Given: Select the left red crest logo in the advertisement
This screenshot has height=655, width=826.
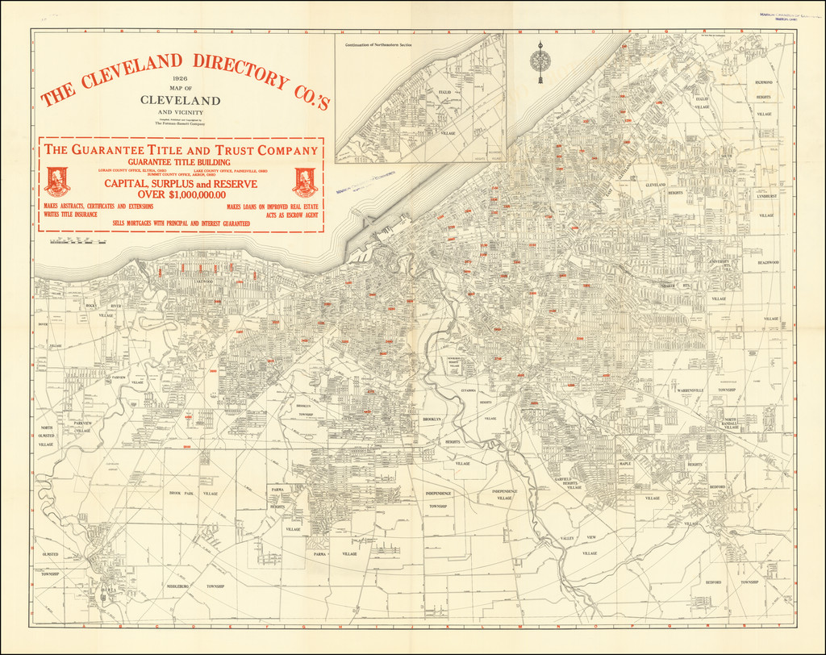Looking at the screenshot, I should [x=57, y=181].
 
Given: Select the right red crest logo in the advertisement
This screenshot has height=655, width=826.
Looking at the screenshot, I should [x=305, y=181].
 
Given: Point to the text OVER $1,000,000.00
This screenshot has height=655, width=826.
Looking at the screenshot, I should [x=181, y=194].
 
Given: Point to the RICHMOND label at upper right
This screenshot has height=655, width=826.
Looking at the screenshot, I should [x=763, y=82].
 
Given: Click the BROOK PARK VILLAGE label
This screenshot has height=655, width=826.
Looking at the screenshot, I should [x=188, y=493].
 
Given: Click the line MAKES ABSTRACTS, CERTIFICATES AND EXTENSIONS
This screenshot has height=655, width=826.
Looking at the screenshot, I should [x=98, y=207].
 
